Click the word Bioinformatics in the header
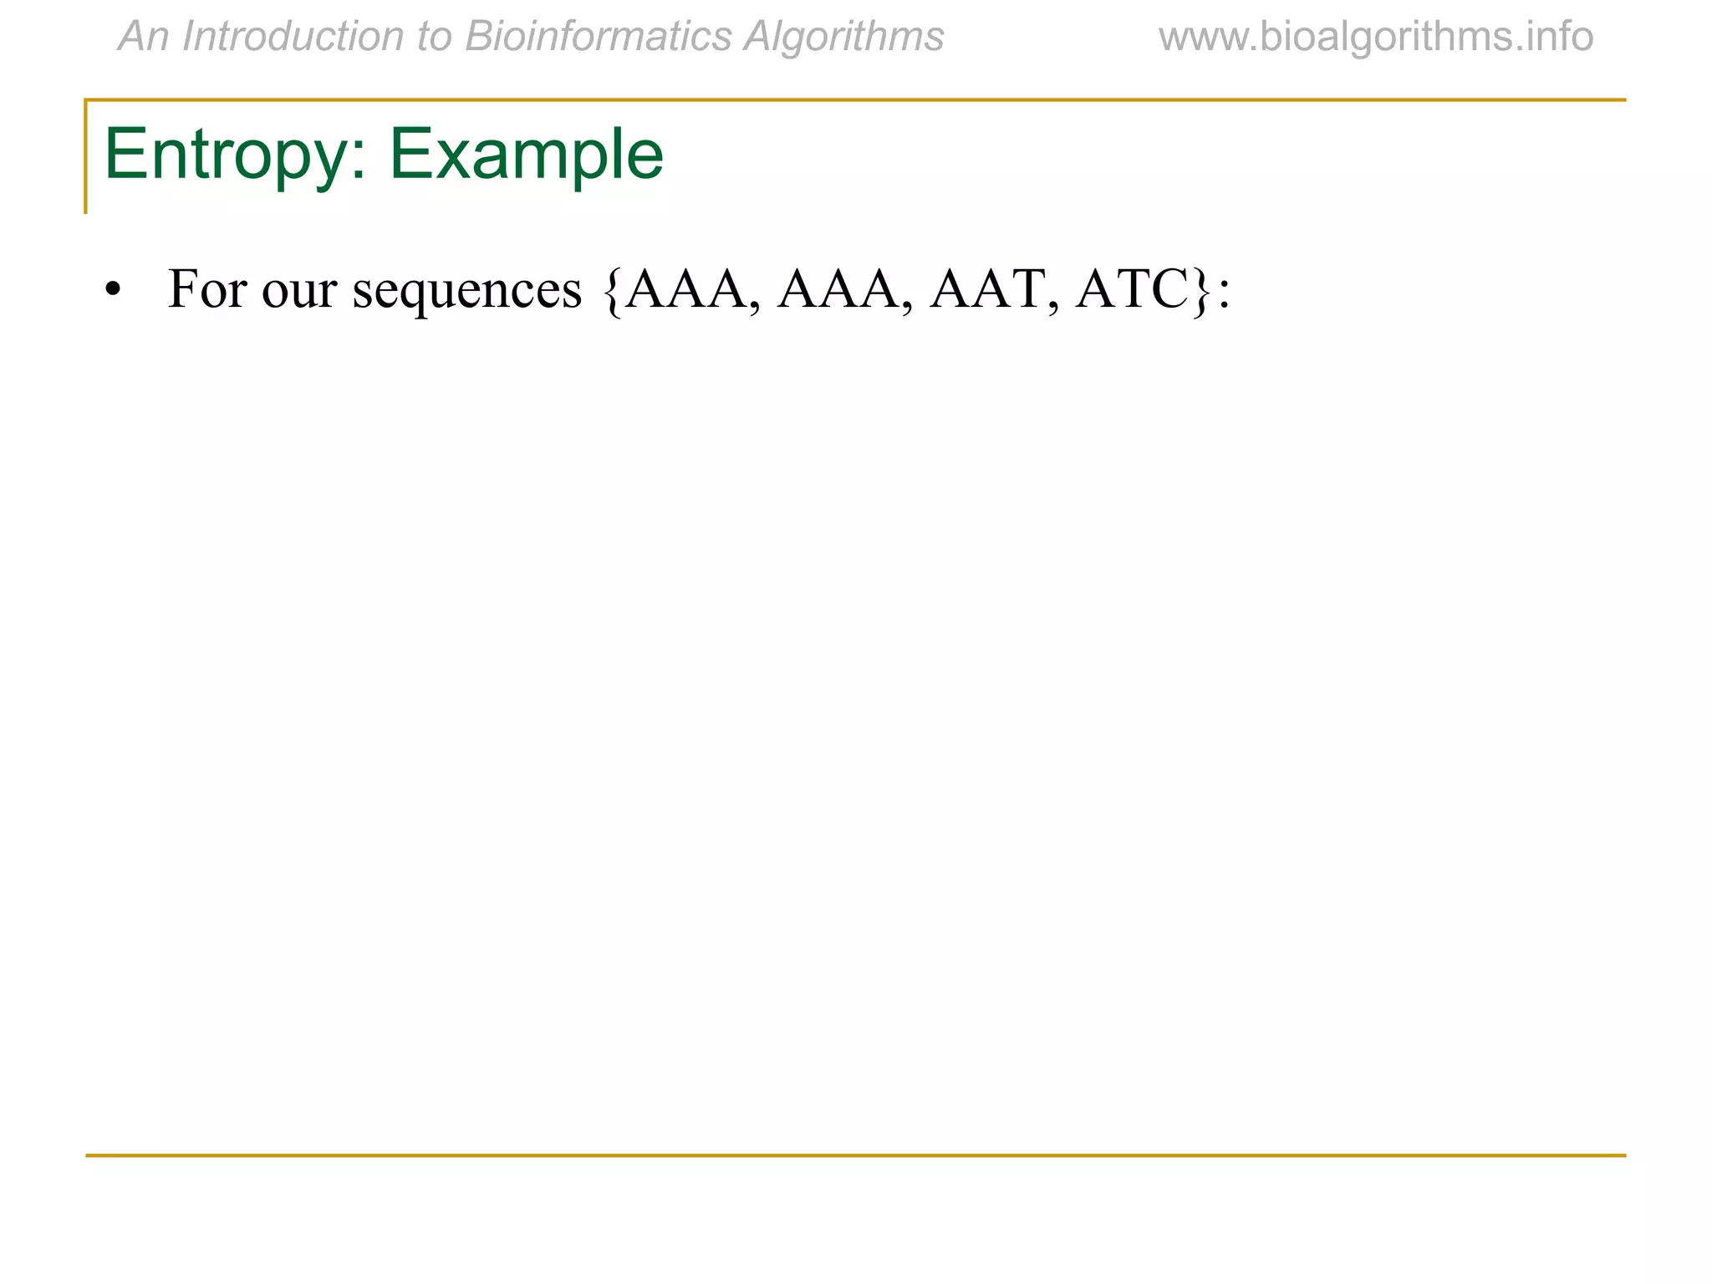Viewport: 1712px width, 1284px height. tap(598, 38)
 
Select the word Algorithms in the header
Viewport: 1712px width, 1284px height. tap(844, 38)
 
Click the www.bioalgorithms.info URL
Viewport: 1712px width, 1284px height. tap(1375, 38)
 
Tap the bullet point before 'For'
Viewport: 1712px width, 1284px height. tap(113, 290)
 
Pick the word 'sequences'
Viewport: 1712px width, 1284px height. tap(466, 291)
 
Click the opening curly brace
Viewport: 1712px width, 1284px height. tap(613, 291)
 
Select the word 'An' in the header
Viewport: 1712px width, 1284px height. tap(144, 38)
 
